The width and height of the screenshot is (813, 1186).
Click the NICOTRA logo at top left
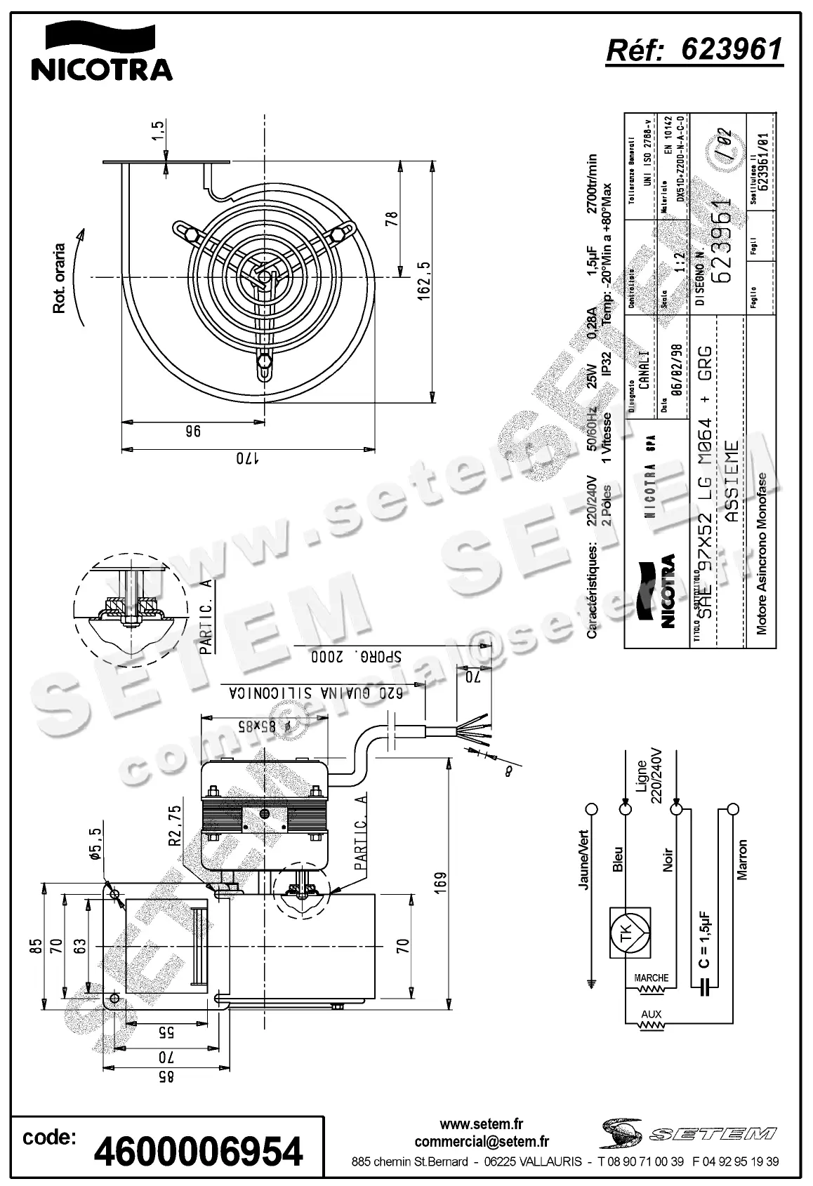(x=101, y=52)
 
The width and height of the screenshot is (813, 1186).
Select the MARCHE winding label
(x=651, y=978)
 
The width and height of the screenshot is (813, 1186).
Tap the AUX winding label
(x=651, y=1015)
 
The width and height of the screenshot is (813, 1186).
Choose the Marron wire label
(x=743, y=859)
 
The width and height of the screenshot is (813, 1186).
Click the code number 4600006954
(x=198, y=1151)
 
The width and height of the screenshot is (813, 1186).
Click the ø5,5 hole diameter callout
(x=97, y=846)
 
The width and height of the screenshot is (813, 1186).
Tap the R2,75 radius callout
(x=176, y=827)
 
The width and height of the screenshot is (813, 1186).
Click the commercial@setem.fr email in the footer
(x=482, y=1142)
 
